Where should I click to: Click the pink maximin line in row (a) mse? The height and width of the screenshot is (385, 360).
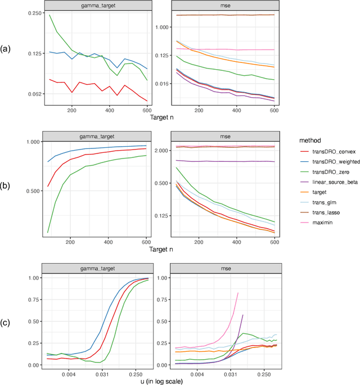coord(236,50)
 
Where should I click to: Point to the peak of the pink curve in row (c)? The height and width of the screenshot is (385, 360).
coord(238,292)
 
